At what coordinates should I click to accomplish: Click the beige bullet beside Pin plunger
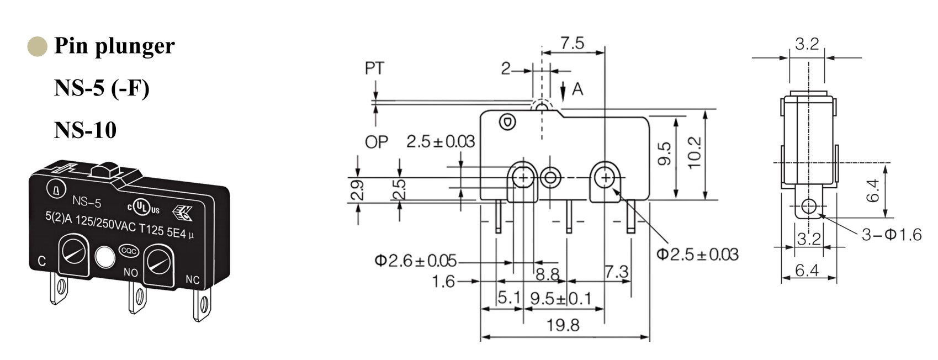coord(37,46)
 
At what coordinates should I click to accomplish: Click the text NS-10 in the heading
coord(85,130)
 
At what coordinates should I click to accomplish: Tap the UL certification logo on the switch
coord(144,207)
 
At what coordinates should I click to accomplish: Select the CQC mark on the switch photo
coord(129,251)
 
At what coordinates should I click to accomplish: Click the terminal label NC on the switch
coord(192,280)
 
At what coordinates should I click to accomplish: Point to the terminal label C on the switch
coord(41,261)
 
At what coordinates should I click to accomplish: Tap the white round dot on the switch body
coord(104,257)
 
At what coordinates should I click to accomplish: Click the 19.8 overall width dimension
coord(563,325)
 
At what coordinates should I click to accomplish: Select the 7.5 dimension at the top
coord(572,43)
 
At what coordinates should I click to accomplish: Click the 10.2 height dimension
coord(695,152)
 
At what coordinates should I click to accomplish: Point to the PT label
coord(374,68)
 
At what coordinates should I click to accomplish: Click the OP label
coord(377,142)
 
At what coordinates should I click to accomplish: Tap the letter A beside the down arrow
coord(577,89)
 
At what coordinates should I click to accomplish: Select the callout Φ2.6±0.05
coord(415,260)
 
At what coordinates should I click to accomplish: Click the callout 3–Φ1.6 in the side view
coord(892,235)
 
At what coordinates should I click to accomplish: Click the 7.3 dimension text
coord(616,272)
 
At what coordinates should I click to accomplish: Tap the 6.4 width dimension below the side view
coord(807,270)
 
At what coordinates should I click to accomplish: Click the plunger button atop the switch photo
coord(109,169)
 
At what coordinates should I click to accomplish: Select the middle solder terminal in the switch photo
coord(136,298)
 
